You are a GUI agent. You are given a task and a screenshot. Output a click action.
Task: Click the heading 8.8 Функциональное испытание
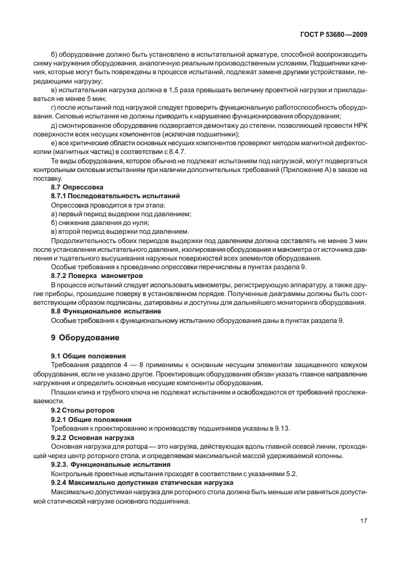click(105, 310)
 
